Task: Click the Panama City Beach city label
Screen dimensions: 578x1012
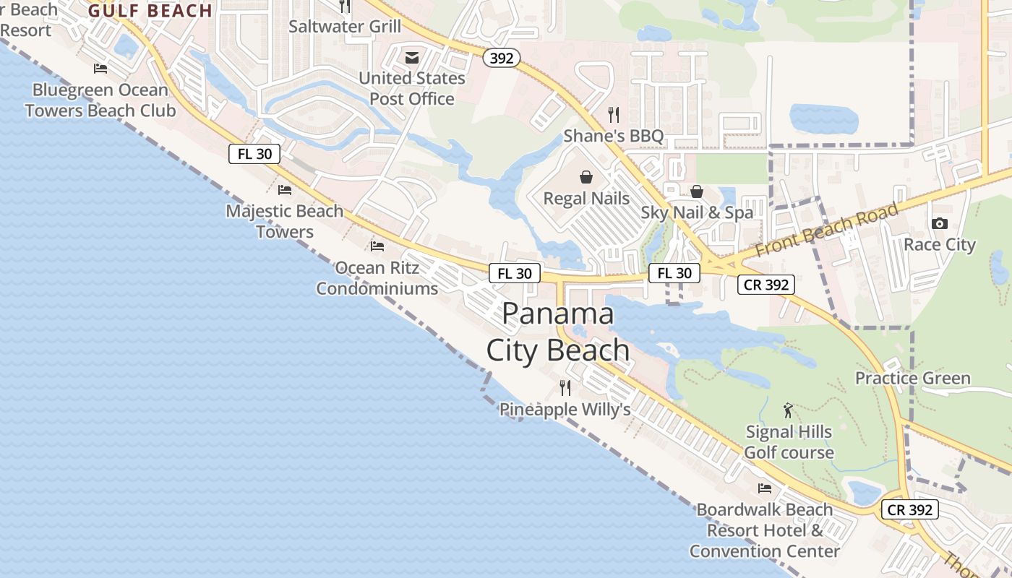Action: click(557, 332)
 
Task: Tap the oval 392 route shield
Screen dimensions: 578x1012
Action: click(501, 59)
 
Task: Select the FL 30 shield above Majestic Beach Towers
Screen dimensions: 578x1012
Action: click(254, 154)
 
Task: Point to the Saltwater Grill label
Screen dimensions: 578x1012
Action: click(345, 27)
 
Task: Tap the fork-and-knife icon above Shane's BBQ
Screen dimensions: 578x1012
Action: click(614, 114)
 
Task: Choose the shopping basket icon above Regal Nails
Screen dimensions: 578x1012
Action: click(586, 177)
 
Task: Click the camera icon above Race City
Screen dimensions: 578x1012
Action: click(939, 223)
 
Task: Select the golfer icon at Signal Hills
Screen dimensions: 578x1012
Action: click(788, 410)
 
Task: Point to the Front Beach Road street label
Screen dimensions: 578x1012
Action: click(827, 229)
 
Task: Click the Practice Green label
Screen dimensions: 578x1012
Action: click(912, 379)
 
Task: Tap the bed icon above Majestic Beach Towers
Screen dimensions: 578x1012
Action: click(285, 190)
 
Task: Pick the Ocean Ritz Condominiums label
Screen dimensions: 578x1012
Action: click(377, 278)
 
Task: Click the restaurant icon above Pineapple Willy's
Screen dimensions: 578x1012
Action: click(565, 388)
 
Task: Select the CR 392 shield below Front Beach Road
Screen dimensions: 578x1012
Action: click(766, 285)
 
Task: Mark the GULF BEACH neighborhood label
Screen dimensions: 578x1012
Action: click(150, 11)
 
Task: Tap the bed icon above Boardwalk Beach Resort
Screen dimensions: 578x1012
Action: click(765, 488)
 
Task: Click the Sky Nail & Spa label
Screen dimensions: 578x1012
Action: click(697, 212)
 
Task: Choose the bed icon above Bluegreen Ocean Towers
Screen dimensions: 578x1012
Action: click(100, 69)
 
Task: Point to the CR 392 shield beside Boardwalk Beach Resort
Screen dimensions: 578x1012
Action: click(911, 509)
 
